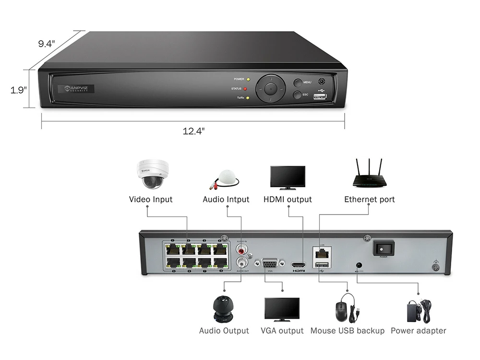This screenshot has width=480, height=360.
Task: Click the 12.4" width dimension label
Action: (x=193, y=131)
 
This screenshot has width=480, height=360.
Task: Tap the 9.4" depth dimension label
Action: (x=47, y=44)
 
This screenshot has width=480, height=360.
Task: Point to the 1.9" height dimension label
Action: (x=19, y=90)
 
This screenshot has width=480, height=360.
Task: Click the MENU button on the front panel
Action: (x=298, y=83)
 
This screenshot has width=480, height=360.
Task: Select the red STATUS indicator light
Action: (x=245, y=89)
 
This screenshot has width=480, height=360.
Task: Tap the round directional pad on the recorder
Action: (x=271, y=88)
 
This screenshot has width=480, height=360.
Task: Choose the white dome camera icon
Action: (x=150, y=174)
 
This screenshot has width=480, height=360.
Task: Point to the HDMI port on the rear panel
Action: (x=299, y=265)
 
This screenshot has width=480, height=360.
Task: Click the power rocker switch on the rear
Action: (x=383, y=249)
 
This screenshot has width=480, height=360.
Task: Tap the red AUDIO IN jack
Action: (x=241, y=250)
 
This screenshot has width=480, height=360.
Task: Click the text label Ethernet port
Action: (x=370, y=199)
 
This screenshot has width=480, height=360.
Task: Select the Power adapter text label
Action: (x=418, y=331)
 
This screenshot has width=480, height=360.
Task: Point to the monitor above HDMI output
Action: (x=288, y=178)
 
